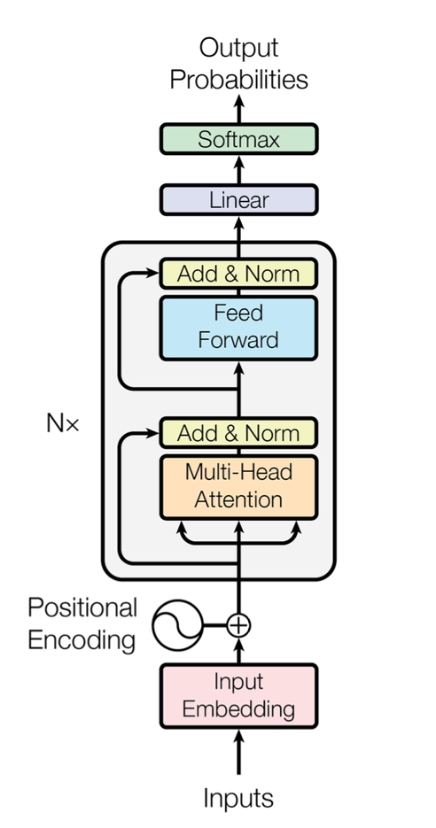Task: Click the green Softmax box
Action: (x=238, y=139)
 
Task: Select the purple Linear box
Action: (x=238, y=200)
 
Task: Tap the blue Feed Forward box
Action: (x=238, y=328)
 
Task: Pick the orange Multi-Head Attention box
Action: (x=238, y=487)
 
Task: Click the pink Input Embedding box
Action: (x=238, y=697)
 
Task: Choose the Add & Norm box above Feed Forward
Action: (x=238, y=274)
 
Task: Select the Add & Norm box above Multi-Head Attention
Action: (x=238, y=433)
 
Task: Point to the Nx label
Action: (x=62, y=423)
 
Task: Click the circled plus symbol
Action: (x=238, y=625)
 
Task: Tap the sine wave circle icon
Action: (x=177, y=625)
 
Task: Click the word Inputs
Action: (x=238, y=799)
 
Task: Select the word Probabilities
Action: (x=239, y=81)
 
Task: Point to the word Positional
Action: (x=82, y=607)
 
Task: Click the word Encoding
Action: (x=82, y=640)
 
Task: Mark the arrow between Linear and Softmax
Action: (x=238, y=169)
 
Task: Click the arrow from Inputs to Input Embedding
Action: (x=238, y=752)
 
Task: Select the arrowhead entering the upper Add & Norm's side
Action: (x=152, y=273)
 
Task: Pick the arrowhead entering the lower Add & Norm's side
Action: (x=152, y=433)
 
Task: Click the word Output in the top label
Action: (x=239, y=49)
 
